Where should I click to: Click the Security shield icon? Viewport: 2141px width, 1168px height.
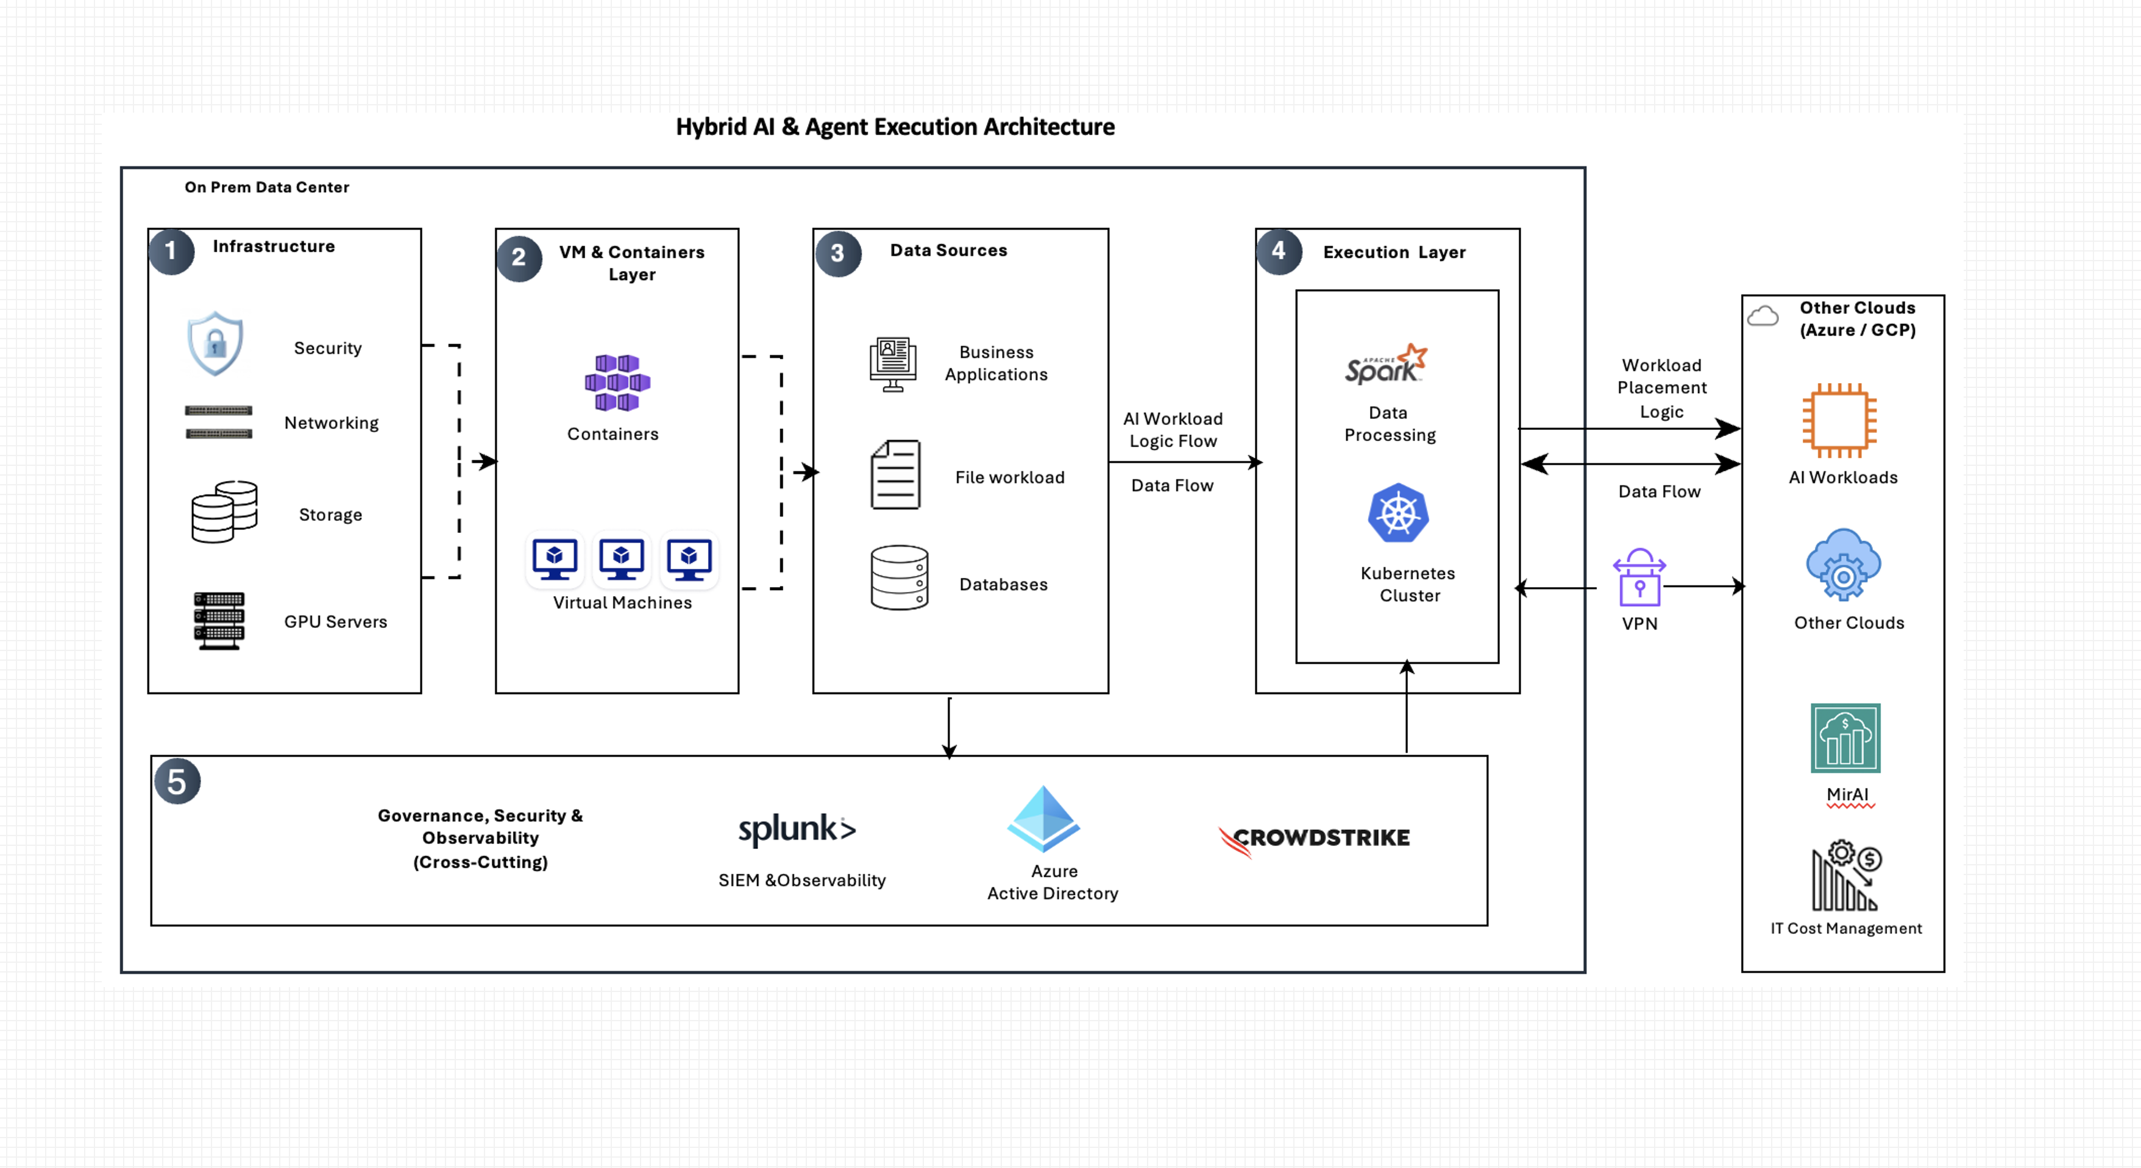tap(215, 343)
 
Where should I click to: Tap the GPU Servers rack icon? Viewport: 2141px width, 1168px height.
tap(219, 621)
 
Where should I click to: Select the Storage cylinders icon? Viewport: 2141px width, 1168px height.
tap(224, 512)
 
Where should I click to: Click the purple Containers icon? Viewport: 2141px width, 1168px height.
tap(617, 382)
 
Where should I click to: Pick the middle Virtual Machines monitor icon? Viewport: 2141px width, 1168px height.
tap(622, 559)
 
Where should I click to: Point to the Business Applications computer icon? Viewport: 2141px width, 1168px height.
tap(893, 364)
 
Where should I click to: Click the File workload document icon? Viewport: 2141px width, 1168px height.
tap(895, 474)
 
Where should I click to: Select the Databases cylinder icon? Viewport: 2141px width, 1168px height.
tap(900, 577)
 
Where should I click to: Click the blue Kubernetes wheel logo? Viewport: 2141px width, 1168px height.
tap(1399, 513)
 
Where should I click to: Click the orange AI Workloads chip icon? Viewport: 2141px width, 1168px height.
tap(1839, 420)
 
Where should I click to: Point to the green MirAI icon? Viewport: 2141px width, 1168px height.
tap(1845, 737)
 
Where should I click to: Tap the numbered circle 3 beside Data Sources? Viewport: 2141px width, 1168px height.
tap(838, 253)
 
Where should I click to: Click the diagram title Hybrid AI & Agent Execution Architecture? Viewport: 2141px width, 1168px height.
tap(895, 127)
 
